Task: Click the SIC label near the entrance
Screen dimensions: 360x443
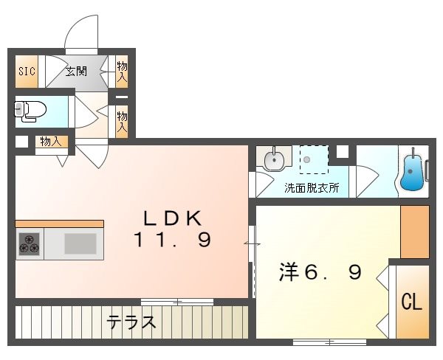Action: coord(25,72)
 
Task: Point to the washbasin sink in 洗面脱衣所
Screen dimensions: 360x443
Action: coord(274,158)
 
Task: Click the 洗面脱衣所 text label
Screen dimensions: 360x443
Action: coord(312,187)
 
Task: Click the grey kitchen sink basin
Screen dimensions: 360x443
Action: coord(80,243)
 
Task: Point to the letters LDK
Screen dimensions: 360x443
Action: coord(172,218)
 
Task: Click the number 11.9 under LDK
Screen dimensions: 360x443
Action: coord(172,240)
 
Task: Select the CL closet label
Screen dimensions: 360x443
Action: coord(411,301)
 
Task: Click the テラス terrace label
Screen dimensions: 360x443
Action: coord(131,322)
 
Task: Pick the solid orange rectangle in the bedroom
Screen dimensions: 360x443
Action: coord(414,231)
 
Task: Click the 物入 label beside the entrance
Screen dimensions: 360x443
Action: coord(122,72)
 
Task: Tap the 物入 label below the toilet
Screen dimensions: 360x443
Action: coord(50,142)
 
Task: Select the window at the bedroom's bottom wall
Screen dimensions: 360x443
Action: coord(329,342)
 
